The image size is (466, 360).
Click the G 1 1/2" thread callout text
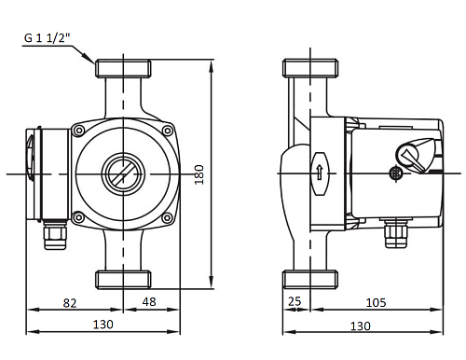click(x=48, y=38)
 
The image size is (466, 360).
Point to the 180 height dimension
click(x=199, y=174)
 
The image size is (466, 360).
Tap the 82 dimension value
click(x=70, y=303)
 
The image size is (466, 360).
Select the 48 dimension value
click(x=149, y=301)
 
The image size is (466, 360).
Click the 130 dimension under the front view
click(x=103, y=325)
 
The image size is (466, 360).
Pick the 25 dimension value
click(x=295, y=301)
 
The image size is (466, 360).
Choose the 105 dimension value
click(x=376, y=302)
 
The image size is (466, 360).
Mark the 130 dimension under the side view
click(x=361, y=326)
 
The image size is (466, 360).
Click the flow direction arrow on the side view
click(x=320, y=173)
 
